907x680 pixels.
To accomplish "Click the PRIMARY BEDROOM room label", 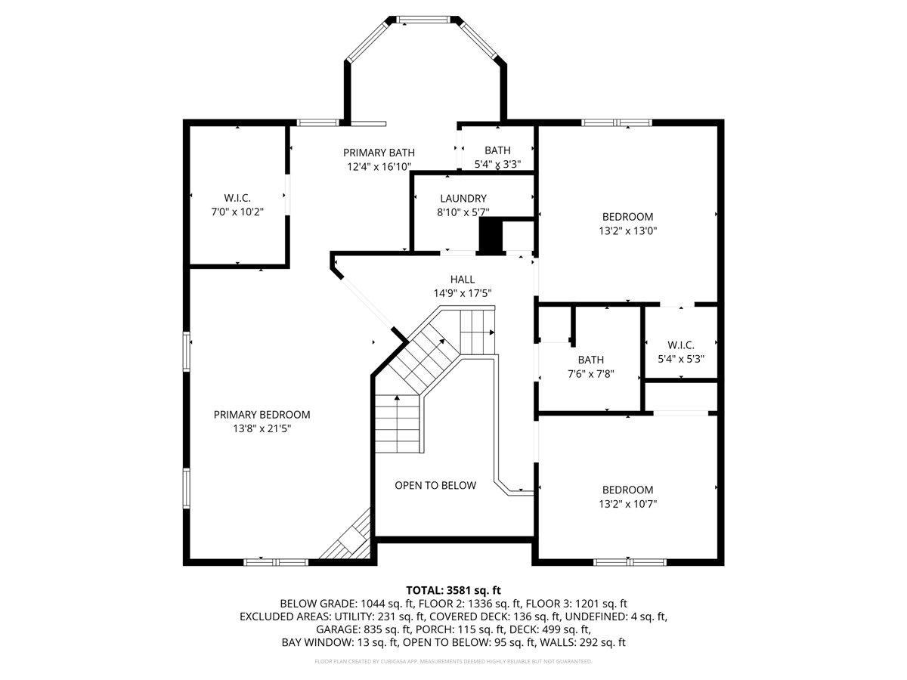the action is tap(262, 415).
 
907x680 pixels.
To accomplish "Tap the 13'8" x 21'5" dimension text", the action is tap(262, 428).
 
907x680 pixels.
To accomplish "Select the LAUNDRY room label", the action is tap(463, 198).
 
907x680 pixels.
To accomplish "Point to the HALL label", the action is tap(463, 279).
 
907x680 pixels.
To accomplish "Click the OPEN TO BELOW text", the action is tap(435, 485).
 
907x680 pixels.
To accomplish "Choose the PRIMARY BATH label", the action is tap(379, 153).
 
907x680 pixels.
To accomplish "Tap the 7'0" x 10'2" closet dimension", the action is tap(237, 212).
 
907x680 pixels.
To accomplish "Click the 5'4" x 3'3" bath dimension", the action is tap(497, 164).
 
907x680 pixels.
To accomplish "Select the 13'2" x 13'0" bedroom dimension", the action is tap(628, 230).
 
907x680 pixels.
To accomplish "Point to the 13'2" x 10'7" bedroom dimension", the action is tap(628, 504).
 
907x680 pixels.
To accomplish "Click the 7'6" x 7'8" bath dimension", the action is tap(591, 374).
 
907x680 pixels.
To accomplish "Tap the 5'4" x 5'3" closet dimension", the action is tap(681, 359).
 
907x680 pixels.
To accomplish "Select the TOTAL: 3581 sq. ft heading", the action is tap(453, 590).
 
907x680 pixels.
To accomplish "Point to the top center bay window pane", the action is tap(423, 20).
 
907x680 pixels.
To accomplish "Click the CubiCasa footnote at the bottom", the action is tap(453, 661).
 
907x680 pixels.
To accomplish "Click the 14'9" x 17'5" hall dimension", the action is tap(463, 293).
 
